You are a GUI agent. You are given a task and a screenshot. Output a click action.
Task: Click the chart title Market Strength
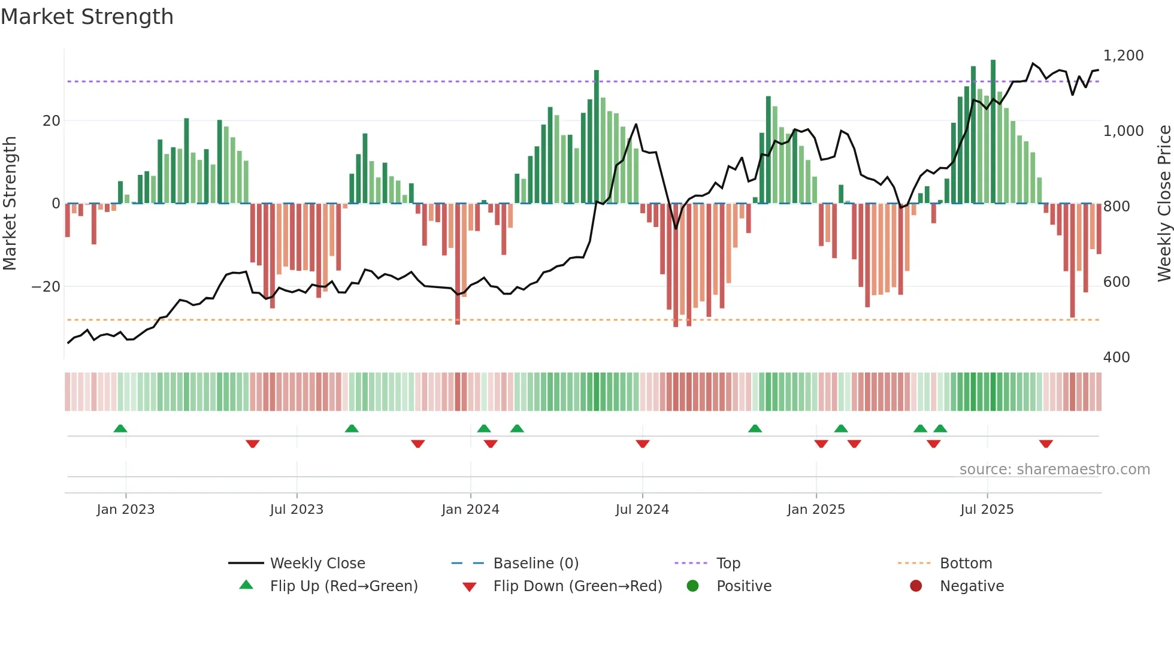(87, 17)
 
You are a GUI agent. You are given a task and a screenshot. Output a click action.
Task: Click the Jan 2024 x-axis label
(470, 510)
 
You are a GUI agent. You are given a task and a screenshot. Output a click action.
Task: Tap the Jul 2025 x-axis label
(987, 510)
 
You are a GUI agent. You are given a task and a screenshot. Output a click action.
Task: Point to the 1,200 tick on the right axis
(1123, 56)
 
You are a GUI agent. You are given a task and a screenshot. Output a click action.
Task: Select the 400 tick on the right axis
(1116, 358)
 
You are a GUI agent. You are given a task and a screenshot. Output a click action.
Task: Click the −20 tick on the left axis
(46, 287)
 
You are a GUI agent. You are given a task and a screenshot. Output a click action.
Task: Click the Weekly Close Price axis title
(1164, 204)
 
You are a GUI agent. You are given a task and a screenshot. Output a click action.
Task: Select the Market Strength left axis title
(10, 204)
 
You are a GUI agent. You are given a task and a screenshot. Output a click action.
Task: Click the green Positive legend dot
(693, 586)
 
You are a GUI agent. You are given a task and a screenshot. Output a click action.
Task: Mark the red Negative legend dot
(916, 586)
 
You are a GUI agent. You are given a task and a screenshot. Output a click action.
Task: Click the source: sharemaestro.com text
(1054, 470)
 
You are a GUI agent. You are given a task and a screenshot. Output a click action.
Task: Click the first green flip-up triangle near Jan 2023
(120, 429)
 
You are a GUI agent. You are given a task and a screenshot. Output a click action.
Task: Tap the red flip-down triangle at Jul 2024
(643, 444)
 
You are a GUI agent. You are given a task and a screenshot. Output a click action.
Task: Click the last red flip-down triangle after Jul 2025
(1046, 444)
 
